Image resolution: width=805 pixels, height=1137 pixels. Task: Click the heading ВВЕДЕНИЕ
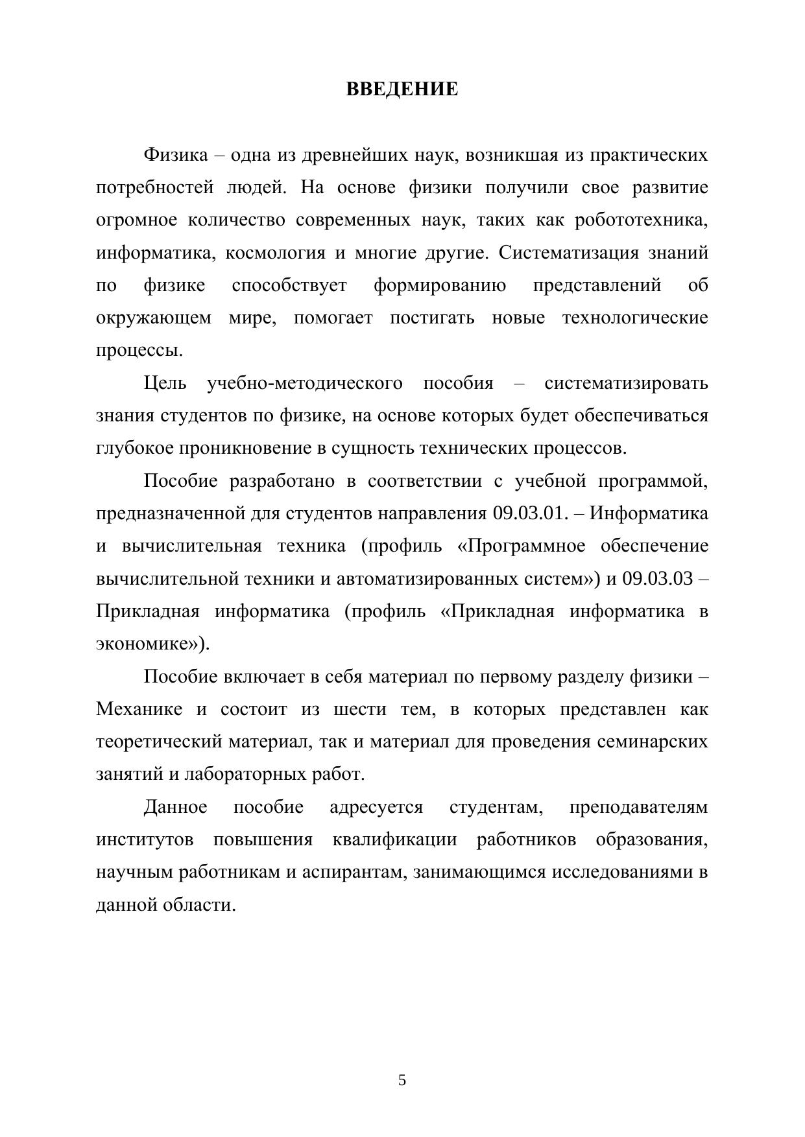(402, 89)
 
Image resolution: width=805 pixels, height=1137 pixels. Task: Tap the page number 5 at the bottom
(402, 1080)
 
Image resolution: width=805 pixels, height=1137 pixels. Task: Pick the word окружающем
(154, 318)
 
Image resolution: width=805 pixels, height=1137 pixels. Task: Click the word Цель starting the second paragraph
(165, 383)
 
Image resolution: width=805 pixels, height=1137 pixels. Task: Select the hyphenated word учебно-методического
(304, 383)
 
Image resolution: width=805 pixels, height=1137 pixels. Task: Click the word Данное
(175, 807)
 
